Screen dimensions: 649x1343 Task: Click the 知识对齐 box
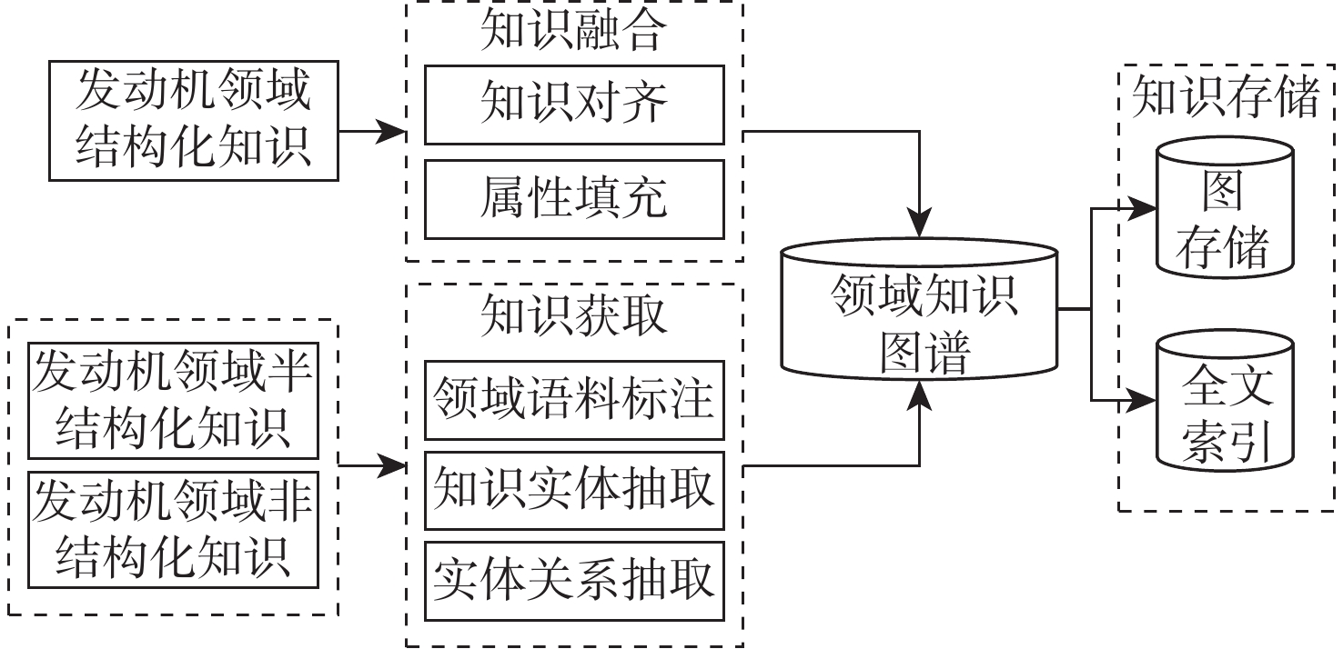coord(574,105)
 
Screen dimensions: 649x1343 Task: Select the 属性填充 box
coord(574,199)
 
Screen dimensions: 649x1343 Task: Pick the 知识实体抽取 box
coord(574,490)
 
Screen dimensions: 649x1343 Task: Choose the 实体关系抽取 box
coord(574,581)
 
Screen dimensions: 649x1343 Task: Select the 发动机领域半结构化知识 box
coord(173,401)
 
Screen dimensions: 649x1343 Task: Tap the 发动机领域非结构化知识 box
coord(173,529)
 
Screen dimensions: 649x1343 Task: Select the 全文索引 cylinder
coord(1224,405)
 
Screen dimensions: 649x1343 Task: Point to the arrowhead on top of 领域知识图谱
coord(922,224)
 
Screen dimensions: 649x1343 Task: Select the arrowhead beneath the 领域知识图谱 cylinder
coord(922,392)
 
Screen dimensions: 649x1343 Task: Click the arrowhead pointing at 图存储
coord(1143,208)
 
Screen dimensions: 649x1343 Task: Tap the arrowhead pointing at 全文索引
coord(1143,399)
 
